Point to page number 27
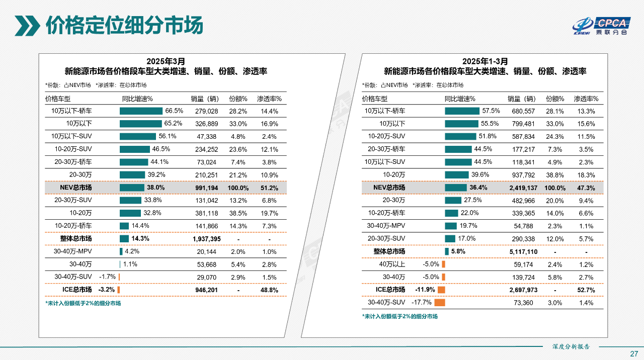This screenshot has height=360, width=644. [x=634, y=353]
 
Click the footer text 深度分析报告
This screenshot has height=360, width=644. [x=571, y=346]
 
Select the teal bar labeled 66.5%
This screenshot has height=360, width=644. [x=141, y=111]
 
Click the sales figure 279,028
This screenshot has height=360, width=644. [x=207, y=111]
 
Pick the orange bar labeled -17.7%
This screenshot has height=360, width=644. [x=440, y=303]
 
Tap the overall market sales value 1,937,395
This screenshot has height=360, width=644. [x=207, y=239]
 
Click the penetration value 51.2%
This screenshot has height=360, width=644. [x=269, y=188]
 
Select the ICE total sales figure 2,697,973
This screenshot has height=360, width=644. [x=523, y=290]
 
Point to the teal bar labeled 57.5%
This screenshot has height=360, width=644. [x=462, y=111]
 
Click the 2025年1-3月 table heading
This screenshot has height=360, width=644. [x=485, y=61]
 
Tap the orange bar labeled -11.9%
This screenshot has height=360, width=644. [x=441, y=290]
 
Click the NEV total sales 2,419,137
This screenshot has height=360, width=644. [x=523, y=188]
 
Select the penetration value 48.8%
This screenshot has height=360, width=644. [x=269, y=290]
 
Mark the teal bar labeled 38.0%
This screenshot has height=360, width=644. [x=132, y=188]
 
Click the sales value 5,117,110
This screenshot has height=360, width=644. [x=523, y=251]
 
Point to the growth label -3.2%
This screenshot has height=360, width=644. [x=107, y=290]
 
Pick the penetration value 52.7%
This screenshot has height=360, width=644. [x=586, y=290]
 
